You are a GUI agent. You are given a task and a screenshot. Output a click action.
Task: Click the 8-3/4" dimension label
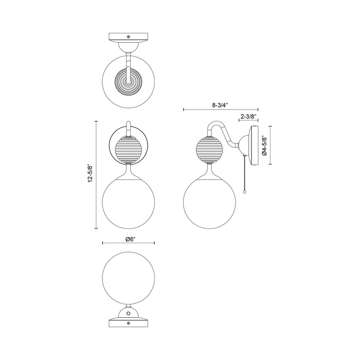[220, 105]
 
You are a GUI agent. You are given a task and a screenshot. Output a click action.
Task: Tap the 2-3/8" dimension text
[248, 116]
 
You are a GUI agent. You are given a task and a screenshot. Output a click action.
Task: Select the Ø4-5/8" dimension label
[264, 145]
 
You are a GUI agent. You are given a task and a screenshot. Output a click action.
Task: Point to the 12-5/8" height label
[91, 174]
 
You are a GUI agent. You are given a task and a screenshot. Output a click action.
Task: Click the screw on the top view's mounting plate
[129, 37]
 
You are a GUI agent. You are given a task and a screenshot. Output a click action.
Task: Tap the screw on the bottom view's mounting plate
[129, 323]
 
